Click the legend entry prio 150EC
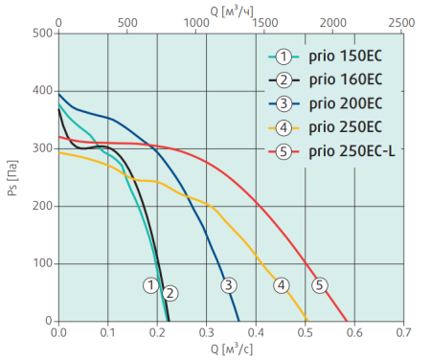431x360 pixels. (340, 55)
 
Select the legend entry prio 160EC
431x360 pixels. (340, 79)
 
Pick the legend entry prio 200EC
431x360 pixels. (340, 101)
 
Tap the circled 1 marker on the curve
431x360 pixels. (150, 284)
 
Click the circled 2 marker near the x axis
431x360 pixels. (170, 293)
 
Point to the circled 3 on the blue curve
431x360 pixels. (228, 284)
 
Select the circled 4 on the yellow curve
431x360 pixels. (281, 284)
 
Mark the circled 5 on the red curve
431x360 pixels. (320, 284)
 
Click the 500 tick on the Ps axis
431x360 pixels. (41, 33)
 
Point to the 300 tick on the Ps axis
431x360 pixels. (41, 148)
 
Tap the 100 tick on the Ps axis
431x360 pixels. (41, 263)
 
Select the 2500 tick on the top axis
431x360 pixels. (402, 20)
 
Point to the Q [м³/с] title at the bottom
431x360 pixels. (230, 349)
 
